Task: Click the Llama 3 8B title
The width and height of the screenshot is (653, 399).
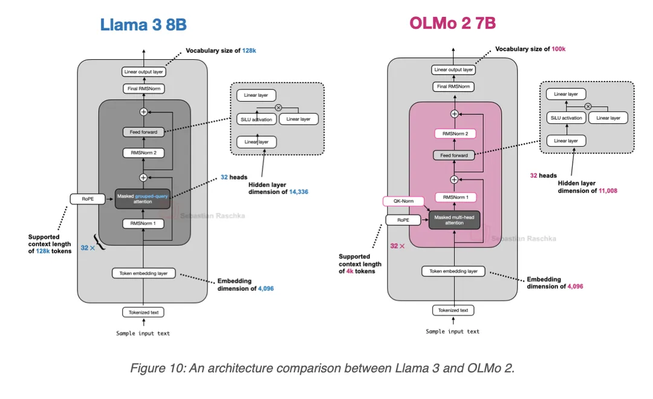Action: click(143, 25)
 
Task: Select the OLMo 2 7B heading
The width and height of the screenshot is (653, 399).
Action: click(453, 23)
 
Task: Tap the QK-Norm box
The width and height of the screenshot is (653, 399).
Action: click(403, 201)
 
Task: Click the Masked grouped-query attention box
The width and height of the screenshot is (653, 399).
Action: click(143, 199)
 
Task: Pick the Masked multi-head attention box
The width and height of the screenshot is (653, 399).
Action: click(454, 220)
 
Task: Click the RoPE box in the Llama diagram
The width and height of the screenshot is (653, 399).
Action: click(88, 199)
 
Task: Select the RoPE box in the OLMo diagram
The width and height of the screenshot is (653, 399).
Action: click(403, 220)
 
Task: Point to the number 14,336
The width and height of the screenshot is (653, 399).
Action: click(299, 192)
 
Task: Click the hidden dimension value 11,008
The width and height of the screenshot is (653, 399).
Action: click(608, 191)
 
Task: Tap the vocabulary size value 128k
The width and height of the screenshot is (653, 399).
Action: click(249, 50)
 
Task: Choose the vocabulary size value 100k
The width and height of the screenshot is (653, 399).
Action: click(559, 49)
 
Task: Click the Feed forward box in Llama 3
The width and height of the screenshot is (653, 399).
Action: click(143, 132)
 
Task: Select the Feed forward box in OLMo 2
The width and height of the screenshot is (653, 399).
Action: click(454, 155)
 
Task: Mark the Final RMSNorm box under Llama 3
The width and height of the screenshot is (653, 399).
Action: click(144, 89)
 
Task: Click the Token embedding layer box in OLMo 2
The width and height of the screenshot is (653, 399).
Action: click(453, 271)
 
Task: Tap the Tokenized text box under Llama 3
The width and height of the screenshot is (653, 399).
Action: click(143, 313)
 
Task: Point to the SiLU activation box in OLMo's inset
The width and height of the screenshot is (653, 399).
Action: click(566, 118)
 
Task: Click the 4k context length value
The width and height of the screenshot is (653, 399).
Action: click(350, 271)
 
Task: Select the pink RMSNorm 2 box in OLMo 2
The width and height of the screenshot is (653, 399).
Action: click(455, 134)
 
